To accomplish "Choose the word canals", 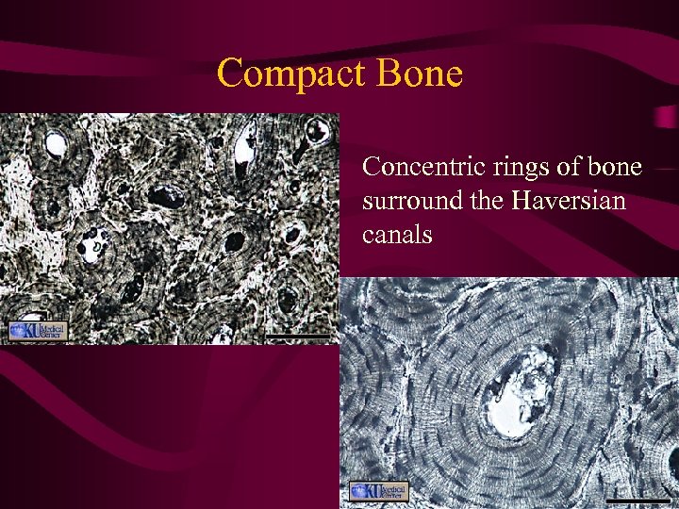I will tap(397, 234).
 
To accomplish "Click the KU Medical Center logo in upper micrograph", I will tap(39, 331).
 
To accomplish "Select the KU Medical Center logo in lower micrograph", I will tap(378, 491).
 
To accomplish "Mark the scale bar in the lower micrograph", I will tap(638, 499).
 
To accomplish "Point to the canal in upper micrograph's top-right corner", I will tap(319, 132).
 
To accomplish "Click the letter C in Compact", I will tap(229, 74).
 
